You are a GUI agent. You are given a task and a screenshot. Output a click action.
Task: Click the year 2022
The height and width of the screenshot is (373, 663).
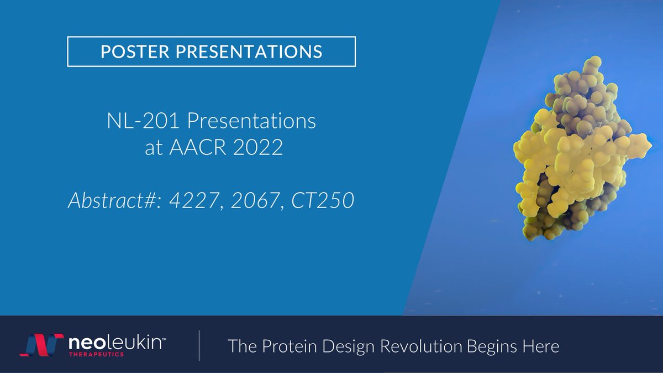tap(258, 149)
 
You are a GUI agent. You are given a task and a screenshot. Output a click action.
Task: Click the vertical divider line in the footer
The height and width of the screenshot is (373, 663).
tap(199, 346)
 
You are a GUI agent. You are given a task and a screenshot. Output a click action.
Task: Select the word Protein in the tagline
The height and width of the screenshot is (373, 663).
tap(290, 346)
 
